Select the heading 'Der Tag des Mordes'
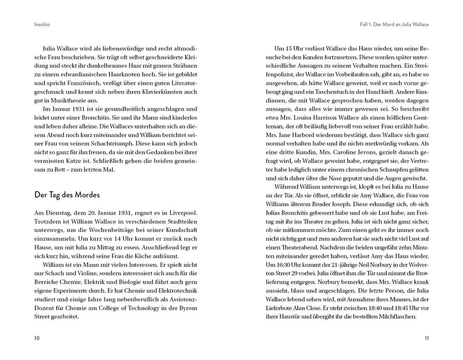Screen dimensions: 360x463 tap(67, 195)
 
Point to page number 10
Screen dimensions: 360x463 tap(36, 338)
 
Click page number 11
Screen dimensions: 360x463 tap(427, 338)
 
